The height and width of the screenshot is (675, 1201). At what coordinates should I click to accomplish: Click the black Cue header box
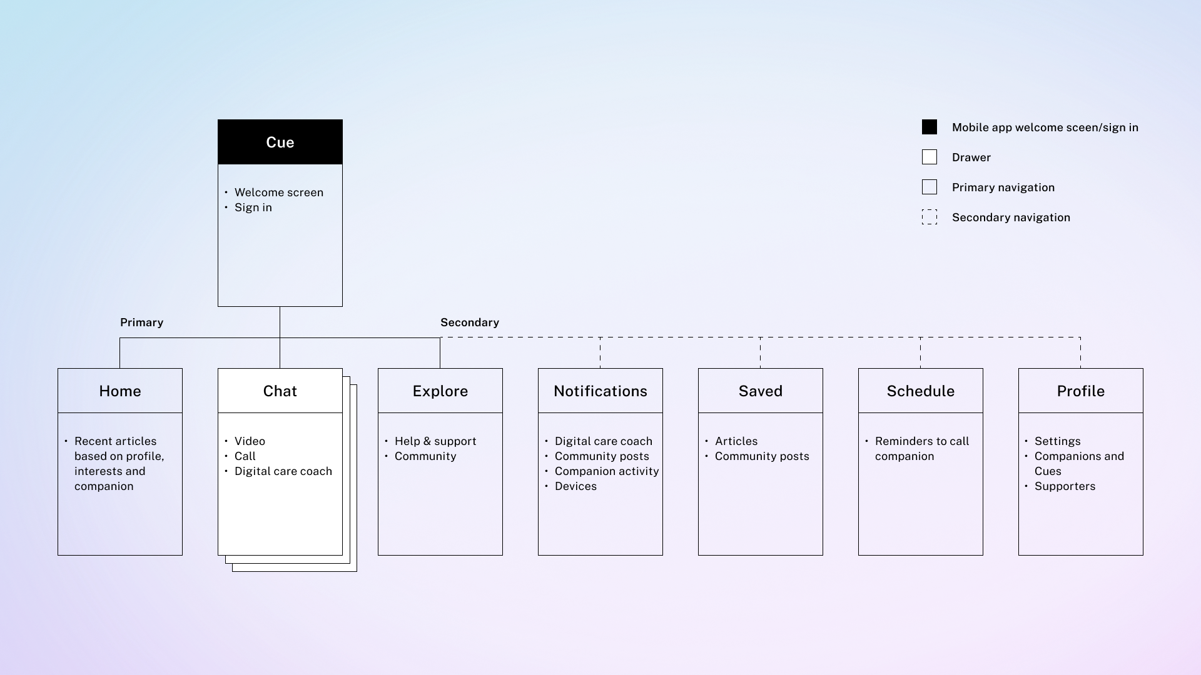tap(280, 142)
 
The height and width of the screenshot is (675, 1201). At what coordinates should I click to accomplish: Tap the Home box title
tap(120, 391)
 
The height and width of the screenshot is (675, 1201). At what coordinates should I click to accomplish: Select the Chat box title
tap(280, 391)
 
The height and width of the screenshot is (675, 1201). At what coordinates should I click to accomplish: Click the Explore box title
tap(440, 391)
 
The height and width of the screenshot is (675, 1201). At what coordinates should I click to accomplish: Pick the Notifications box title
tap(600, 391)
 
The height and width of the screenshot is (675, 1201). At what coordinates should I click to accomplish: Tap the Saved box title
tap(761, 391)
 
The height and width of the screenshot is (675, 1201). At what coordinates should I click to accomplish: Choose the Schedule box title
tap(921, 391)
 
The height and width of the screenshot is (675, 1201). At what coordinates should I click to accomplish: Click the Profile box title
tap(1081, 391)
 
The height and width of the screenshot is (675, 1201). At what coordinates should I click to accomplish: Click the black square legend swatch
tap(930, 127)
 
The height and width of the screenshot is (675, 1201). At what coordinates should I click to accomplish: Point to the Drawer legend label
tap(971, 157)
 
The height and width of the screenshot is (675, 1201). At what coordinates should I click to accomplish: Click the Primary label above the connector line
tap(142, 322)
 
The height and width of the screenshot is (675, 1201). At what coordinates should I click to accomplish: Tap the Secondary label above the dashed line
tap(470, 322)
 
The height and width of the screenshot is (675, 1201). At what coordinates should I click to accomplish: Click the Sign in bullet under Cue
tap(253, 207)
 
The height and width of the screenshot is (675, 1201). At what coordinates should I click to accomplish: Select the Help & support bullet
tap(435, 441)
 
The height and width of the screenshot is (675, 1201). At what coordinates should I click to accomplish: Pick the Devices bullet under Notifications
tap(575, 486)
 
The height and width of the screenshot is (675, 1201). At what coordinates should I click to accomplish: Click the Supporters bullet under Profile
tap(1065, 486)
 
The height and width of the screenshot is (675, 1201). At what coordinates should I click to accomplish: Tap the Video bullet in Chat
tap(250, 441)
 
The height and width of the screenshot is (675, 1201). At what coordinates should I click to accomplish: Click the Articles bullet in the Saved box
tap(736, 441)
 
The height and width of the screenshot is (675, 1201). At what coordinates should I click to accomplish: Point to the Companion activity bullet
tap(607, 471)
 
